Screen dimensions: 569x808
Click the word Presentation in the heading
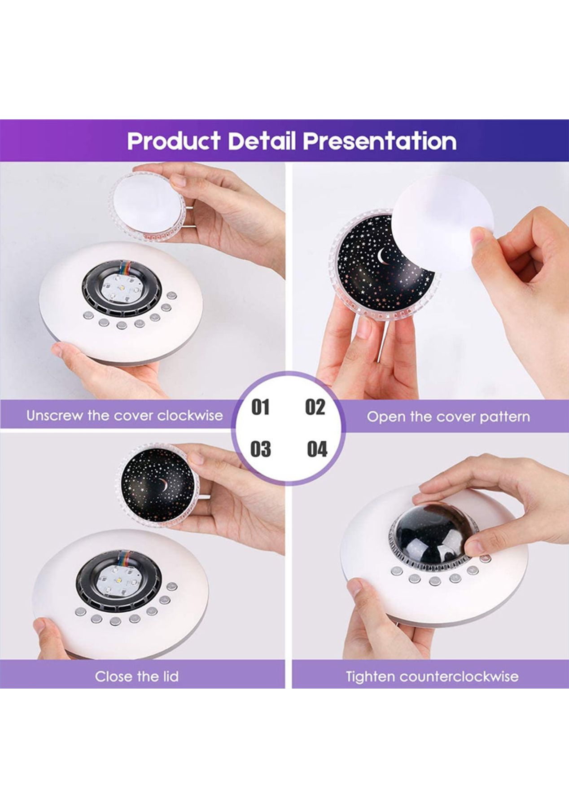[380, 141]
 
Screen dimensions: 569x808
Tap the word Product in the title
[174, 141]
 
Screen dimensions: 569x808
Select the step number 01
[260, 407]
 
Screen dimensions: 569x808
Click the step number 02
[315, 407]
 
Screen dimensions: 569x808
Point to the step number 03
[261, 449]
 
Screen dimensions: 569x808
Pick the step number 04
[317, 449]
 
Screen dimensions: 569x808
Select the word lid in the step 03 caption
[170, 676]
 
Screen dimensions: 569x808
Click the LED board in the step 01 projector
[121, 289]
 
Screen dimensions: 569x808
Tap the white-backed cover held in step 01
[147, 205]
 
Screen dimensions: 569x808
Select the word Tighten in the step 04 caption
[370, 676]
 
